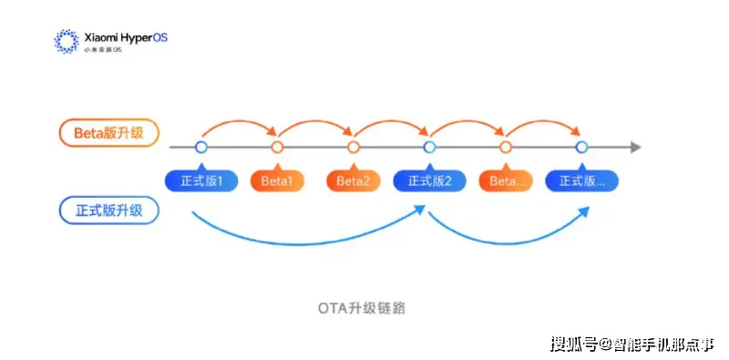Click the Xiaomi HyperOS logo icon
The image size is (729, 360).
tap(67, 41)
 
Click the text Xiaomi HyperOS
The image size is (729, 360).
tap(126, 37)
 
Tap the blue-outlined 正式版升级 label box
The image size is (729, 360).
tap(109, 211)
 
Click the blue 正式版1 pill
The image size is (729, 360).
tap(201, 180)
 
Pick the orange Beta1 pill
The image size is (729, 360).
tap(277, 180)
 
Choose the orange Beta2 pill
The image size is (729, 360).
tap(354, 180)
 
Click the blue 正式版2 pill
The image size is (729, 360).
tap(429, 180)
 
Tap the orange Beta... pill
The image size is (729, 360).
tap(506, 180)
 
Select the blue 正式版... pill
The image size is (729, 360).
tap(581, 180)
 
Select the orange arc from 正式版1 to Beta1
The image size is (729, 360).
tap(239, 122)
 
